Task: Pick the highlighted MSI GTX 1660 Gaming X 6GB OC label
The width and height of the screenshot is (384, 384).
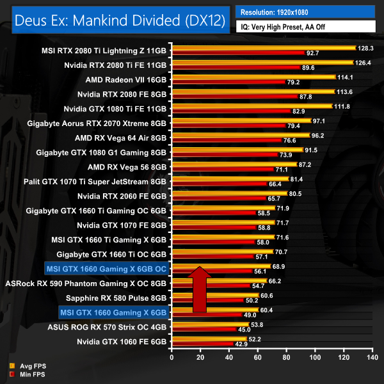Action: [106, 269]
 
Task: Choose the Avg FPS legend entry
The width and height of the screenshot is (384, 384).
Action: [25, 365]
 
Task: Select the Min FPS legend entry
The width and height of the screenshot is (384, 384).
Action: [25, 374]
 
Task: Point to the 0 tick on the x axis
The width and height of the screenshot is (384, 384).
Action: [172, 357]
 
